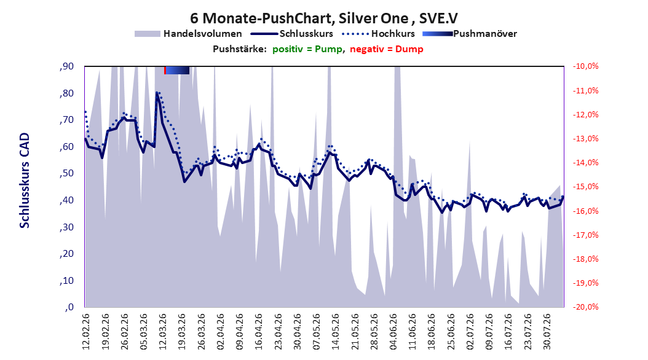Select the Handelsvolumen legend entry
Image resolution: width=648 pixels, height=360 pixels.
tap(188, 34)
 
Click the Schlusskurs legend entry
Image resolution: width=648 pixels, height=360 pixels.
tap(291, 34)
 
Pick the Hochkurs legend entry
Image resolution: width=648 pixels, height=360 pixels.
tap(378, 34)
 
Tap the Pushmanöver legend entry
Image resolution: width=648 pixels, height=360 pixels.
tap(470, 34)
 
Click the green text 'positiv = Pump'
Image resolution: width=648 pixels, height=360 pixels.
tap(307, 49)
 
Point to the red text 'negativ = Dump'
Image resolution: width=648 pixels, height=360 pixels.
tap(387, 49)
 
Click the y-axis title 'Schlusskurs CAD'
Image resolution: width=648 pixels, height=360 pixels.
tap(25, 181)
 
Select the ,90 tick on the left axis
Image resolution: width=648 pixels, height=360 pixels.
tap(66, 66)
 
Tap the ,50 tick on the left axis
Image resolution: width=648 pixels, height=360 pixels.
tap(66, 173)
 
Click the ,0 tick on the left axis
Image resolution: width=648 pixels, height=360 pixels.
tap(69, 307)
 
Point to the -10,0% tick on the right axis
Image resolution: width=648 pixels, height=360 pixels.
tap(585, 66)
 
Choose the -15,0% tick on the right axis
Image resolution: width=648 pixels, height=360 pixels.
tap(585, 187)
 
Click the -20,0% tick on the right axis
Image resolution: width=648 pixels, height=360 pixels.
tap(585, 307)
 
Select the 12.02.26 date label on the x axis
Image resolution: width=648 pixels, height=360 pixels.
tap(86, 332)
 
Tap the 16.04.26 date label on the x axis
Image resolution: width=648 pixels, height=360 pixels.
tap(258, 332)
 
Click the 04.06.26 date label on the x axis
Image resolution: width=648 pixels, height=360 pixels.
tap(393, 332)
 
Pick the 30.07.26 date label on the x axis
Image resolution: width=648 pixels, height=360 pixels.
tap(547, 332)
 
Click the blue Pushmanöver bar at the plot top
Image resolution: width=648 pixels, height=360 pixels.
tap(177, 70)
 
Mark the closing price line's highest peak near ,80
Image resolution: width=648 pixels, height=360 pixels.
tap(157, 93)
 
